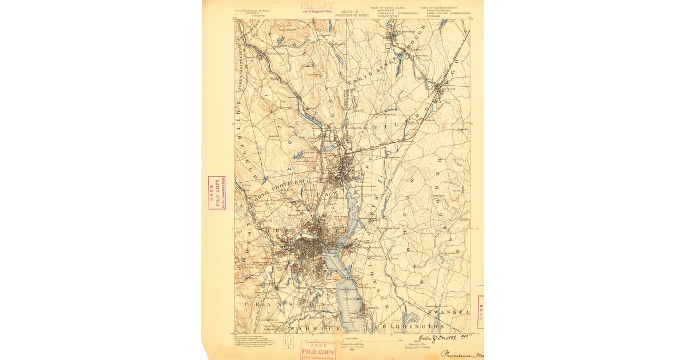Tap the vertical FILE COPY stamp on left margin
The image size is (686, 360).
(217, 193)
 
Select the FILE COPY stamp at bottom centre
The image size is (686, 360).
(318, 350)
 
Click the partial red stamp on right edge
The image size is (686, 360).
(480, 312)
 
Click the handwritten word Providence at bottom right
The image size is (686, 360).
(460, 354)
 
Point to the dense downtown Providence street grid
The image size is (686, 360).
(309, 251)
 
